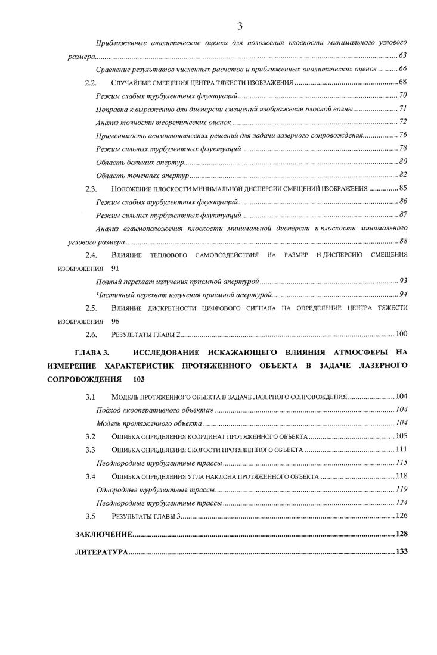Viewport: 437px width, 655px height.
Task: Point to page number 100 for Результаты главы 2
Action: coord(401,334)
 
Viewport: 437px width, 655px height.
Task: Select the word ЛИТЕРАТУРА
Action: coord(101,552)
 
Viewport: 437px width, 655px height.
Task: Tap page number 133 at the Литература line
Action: coord(401,552)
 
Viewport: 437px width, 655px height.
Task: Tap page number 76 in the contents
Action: coord(403,135)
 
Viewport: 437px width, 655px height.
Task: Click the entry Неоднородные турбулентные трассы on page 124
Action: coord(159,503)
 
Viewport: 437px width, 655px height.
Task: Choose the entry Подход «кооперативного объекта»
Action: coord(155,410)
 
